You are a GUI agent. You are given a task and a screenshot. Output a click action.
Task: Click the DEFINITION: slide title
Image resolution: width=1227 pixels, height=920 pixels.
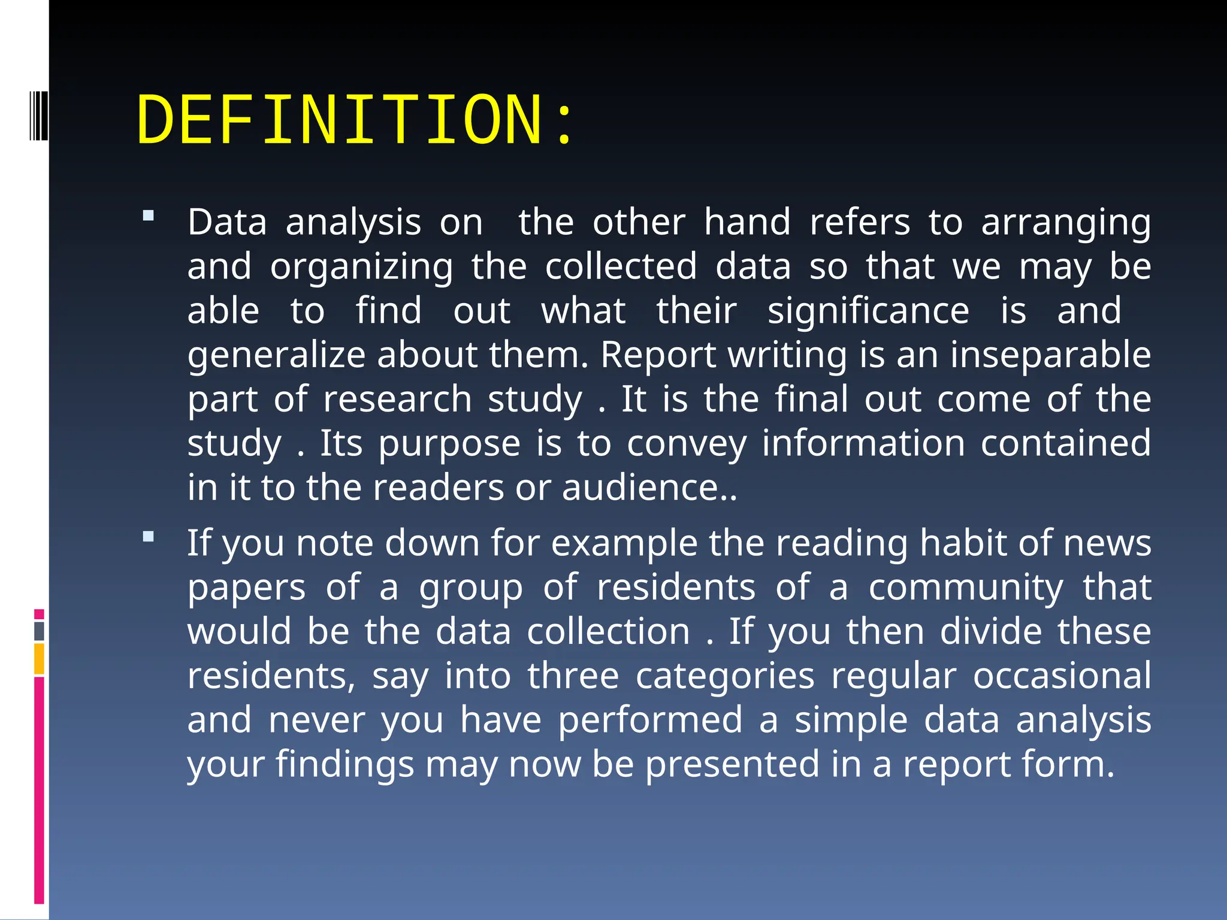[355, 120]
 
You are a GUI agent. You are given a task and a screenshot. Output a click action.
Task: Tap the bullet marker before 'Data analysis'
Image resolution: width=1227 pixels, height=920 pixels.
[149, 216]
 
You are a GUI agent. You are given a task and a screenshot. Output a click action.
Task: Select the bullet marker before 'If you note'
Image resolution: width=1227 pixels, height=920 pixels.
[149, 537]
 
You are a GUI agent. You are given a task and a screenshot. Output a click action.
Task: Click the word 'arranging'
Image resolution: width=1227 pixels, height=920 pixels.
[1066, 223]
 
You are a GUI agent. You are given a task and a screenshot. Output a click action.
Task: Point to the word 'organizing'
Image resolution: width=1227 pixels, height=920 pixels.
[361, 267]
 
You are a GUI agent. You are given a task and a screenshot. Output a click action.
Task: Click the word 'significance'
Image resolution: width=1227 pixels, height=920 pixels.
[868, 311]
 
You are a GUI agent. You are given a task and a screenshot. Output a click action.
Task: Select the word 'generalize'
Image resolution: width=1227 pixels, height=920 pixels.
[276, 356]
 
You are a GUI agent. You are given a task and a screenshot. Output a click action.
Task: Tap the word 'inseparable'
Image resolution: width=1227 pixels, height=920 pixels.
[1050, 355]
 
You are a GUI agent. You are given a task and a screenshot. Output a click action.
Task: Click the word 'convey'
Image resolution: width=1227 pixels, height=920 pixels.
[687, 444]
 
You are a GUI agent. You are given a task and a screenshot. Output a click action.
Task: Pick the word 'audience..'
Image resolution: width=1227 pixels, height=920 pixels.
[649, 488]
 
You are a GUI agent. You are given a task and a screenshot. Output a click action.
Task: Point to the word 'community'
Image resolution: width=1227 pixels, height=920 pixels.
[966, 588]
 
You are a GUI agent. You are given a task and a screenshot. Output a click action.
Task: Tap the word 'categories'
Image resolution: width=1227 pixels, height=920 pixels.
[724, 676]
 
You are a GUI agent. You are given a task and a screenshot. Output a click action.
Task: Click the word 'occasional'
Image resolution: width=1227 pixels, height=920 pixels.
[1062, 676]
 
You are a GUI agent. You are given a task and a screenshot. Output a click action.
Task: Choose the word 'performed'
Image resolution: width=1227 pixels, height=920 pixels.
[650, 720]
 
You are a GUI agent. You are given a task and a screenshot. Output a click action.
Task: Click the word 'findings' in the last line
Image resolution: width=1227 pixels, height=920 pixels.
[344, 765]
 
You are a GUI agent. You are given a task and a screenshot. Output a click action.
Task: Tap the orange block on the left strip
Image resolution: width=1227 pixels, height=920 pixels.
[40, 659]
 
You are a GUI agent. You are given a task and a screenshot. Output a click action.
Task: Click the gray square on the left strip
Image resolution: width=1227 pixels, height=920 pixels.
[40, 631]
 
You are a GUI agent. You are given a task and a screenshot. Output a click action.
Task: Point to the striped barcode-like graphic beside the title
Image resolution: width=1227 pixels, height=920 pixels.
[38, 114]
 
